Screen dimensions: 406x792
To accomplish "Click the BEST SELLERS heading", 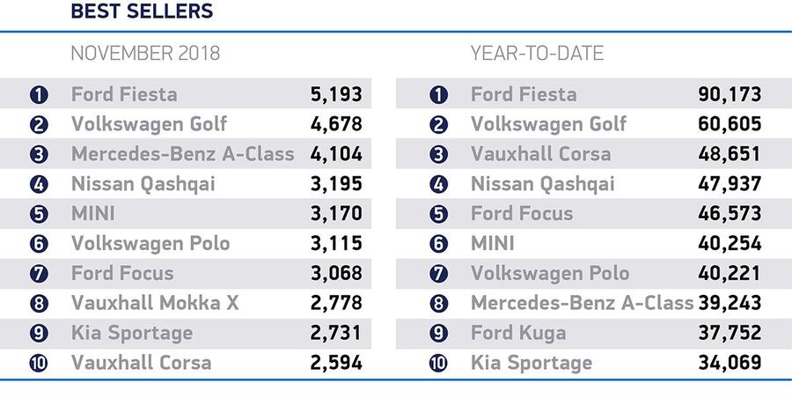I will [142, 12].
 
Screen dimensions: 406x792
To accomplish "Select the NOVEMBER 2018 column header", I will [145, 53].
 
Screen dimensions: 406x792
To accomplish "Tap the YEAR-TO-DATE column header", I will [537, 53].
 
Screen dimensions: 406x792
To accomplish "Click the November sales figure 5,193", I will [336, 94].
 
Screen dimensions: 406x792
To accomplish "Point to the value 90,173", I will [730, 94].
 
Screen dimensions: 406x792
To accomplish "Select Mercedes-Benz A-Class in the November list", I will [182, 154].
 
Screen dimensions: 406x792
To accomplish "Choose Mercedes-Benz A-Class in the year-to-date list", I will [582, 303].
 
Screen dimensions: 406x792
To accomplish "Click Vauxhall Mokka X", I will [155, 303].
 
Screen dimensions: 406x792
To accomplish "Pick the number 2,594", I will [336, 363].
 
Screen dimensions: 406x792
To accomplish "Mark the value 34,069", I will [730, 363].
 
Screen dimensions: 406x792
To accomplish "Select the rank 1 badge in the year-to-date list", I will [438, 95].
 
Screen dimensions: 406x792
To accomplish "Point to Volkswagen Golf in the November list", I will [149, 124].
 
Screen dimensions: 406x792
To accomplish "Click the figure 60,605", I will [730, 124].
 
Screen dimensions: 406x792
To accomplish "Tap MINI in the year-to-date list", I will [493, 243].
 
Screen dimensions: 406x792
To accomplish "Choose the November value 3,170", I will [336, 213].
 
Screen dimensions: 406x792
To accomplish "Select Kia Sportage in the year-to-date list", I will [532, 363].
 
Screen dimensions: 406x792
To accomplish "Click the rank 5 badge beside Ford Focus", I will [438, 214].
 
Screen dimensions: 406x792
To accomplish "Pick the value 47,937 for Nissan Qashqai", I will [730, 184].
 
